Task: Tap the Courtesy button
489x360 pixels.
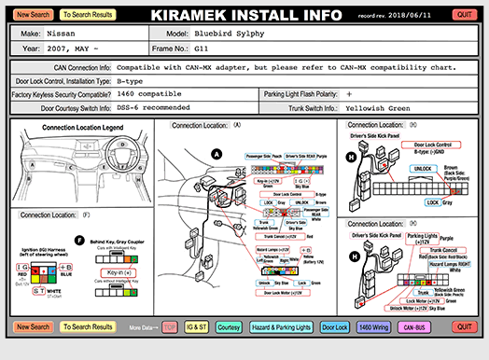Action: (229, 327)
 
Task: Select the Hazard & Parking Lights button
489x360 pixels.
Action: (281, 327)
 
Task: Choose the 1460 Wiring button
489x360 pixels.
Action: (370, 327)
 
